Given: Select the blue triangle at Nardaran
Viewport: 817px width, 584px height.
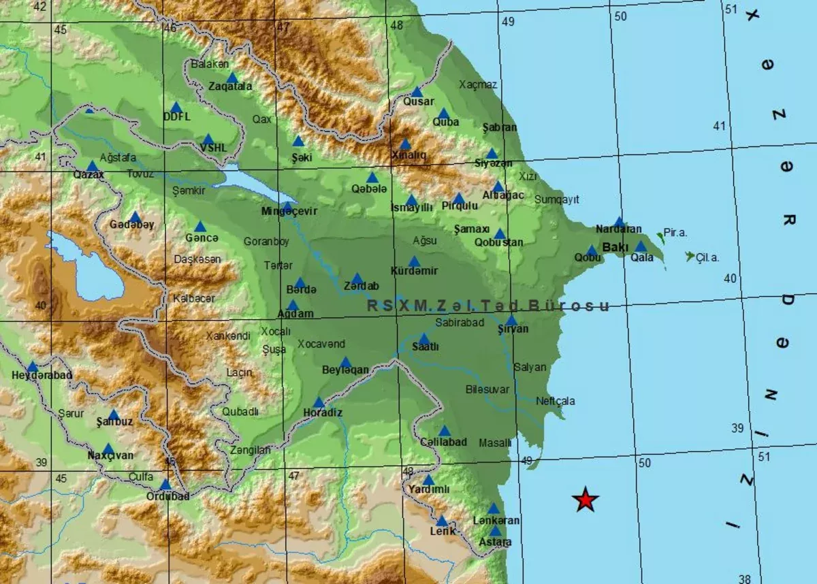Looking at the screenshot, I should [619, 222].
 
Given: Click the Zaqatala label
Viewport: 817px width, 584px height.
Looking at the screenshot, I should [230, 86].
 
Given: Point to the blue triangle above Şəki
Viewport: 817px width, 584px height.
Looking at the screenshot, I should [298, 142].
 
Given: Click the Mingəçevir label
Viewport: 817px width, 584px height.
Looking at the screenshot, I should [289, 211].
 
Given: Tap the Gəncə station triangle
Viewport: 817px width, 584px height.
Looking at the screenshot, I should [200, 227].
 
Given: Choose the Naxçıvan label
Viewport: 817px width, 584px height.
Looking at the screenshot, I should [110, 455].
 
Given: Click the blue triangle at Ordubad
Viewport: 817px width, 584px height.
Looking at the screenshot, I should [165, 485].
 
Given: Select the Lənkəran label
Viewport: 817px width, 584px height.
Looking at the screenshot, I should [496, 521].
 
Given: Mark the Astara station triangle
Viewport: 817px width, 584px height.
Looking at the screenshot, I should [495, 531].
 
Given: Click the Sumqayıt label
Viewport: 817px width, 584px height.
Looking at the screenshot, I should [556, 199].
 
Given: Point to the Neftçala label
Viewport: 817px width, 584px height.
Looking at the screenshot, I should [555, 401].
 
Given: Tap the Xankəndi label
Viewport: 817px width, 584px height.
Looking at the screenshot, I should [228, 335].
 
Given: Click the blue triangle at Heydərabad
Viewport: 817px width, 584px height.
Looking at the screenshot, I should [32, 367].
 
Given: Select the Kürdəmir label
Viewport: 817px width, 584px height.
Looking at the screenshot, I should [415, 271].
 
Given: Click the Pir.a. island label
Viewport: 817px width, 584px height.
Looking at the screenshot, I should [675, 233].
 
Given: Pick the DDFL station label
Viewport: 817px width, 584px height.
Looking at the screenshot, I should [176, 116].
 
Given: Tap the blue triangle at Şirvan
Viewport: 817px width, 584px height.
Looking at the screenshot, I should [511, 321].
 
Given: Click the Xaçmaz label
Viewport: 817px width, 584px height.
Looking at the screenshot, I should [478, 84].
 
